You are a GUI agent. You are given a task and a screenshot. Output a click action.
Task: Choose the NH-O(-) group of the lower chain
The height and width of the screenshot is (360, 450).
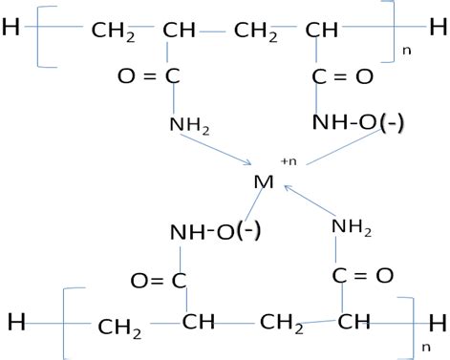click(211, 232)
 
